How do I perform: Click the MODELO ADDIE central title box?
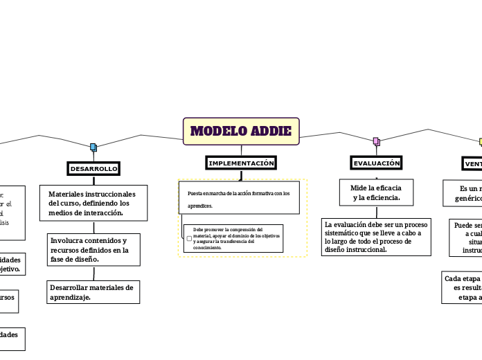[241, 132]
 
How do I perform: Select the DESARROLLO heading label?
[93, 168]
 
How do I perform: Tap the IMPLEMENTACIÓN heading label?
[241, 163]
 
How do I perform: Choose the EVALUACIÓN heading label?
[376, 163]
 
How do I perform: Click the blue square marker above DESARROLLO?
[93, 147]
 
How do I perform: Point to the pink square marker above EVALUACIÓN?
[376, 141]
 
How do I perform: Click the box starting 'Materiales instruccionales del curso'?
[93, 204]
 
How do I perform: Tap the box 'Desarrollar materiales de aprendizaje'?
[93, 292]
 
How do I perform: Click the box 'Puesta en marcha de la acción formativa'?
[239, 199]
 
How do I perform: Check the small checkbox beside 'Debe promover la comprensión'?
[189, 238]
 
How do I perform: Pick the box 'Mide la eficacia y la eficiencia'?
[376, 193]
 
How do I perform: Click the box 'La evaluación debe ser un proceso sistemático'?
[376, 237]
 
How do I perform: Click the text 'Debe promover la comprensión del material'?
[229, 229]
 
